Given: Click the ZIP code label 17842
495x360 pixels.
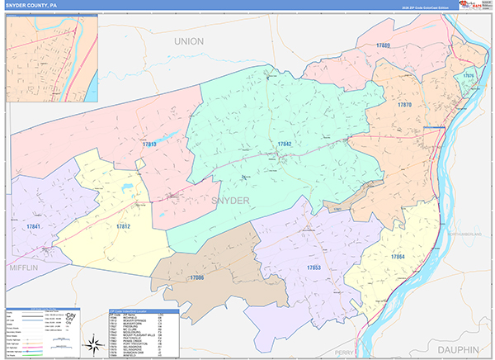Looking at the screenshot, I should (x=284, y=144).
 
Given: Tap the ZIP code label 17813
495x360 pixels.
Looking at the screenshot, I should (x=148, y=144).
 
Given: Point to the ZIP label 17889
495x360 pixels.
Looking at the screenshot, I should (x=381, y=45).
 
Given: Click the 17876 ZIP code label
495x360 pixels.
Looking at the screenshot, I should (x=469, y=75).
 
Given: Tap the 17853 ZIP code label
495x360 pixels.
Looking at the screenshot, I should (x=313, y=268).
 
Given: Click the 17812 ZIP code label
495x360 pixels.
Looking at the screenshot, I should (x=123, y=226).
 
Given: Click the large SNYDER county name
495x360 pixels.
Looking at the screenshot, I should (x=229, y=201).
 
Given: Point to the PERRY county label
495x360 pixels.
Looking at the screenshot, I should (x=345, y=352).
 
